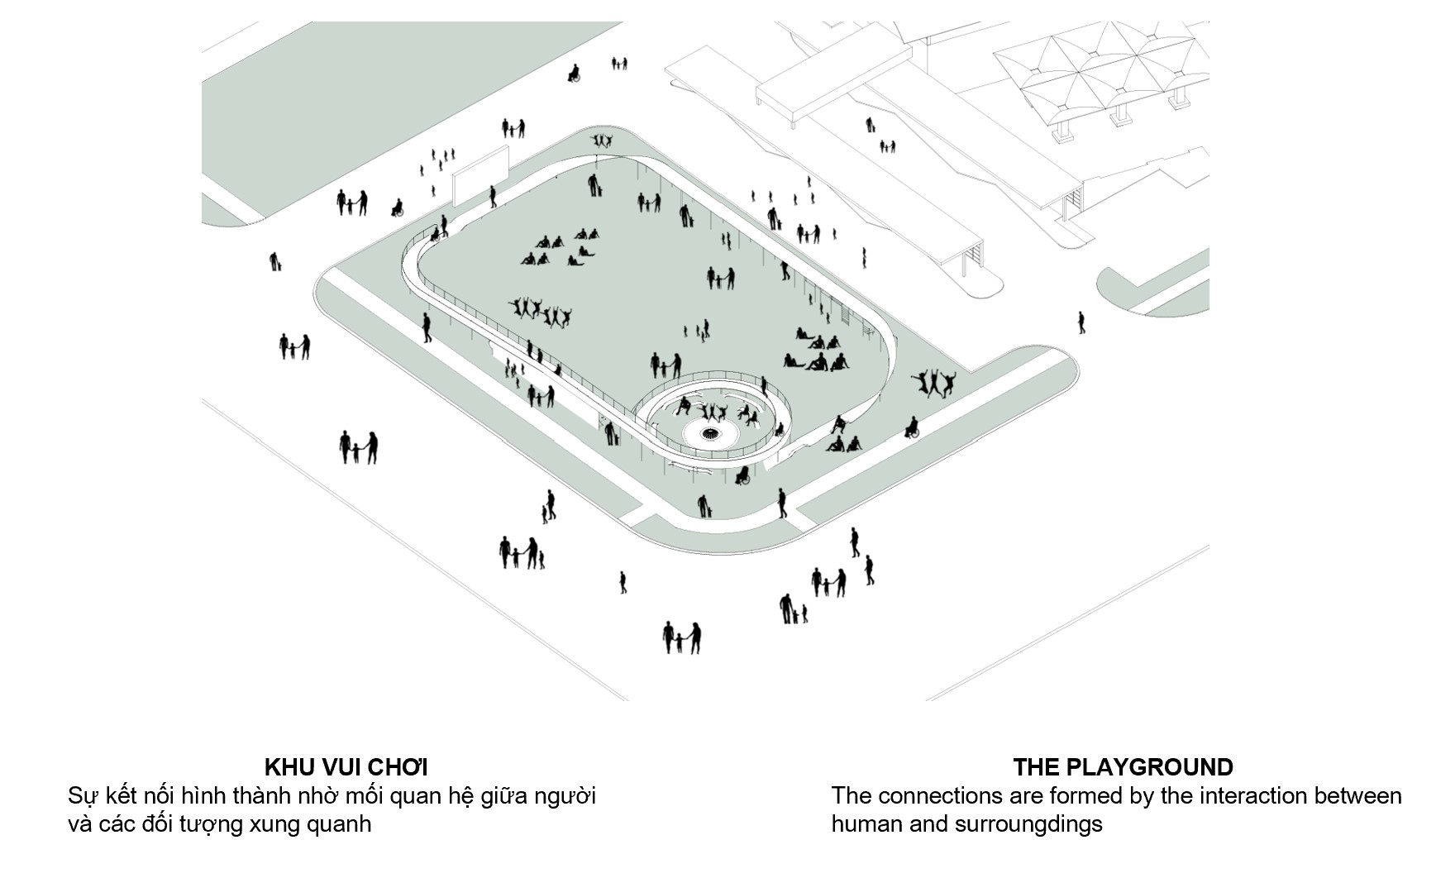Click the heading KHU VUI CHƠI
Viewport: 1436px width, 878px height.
(346, 766)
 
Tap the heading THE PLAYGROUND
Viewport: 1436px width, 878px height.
(1123, 766)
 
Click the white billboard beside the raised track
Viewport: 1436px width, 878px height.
(479, 174)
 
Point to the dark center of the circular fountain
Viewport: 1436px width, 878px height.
(710, 433)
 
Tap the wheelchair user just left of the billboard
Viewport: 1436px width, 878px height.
(397, 208)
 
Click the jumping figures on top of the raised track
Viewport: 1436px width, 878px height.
(603, 141)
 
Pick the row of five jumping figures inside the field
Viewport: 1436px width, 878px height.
(540, 312)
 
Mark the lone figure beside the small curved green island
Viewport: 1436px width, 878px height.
(1081, 322)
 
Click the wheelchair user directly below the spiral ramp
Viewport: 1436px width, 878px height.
(742, 475)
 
